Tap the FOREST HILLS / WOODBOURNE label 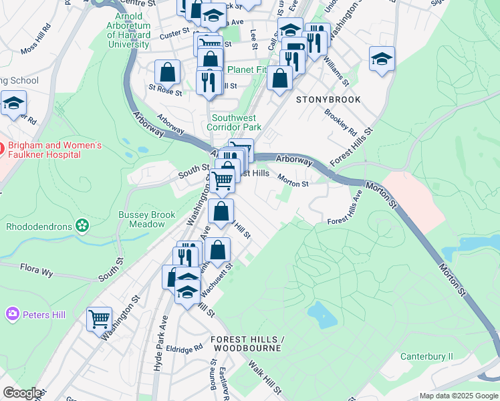(247, 344)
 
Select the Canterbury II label (426, 356)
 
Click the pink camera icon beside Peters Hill (12, 313)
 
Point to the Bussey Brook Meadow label (146, 219)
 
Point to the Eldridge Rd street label (184, 349)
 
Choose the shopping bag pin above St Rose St (167, 72)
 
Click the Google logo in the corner (21, 393)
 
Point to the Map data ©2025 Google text (458, 396)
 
